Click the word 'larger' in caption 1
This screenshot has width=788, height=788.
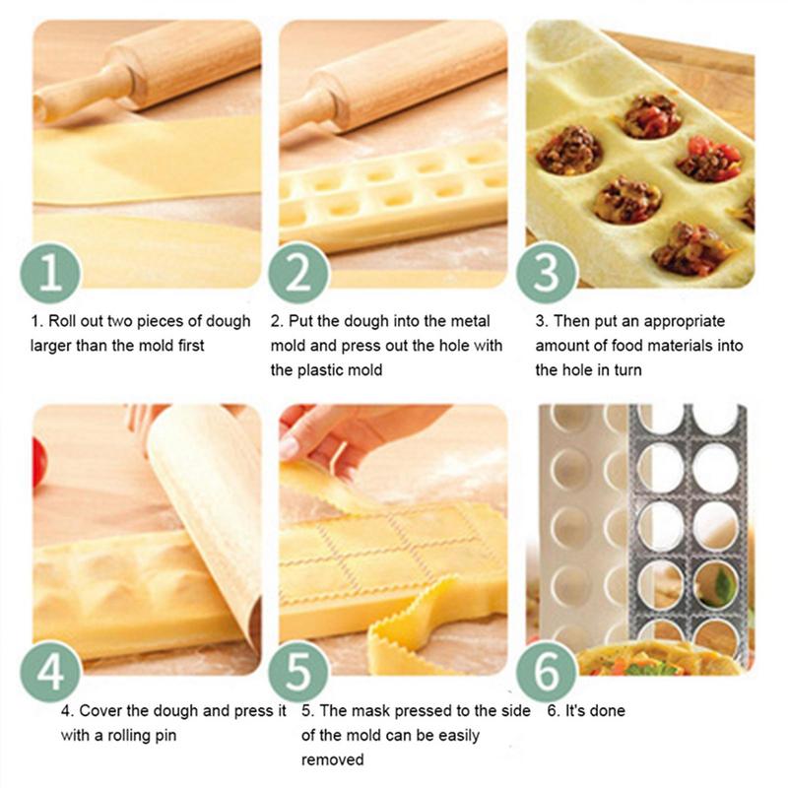pos(55,346)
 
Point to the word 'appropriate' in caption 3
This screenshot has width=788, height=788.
pos(680,321)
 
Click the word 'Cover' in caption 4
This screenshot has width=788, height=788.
pos(99,710)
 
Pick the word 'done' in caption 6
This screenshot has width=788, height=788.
pos(606,710)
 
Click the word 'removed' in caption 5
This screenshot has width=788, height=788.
pos(332,759)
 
